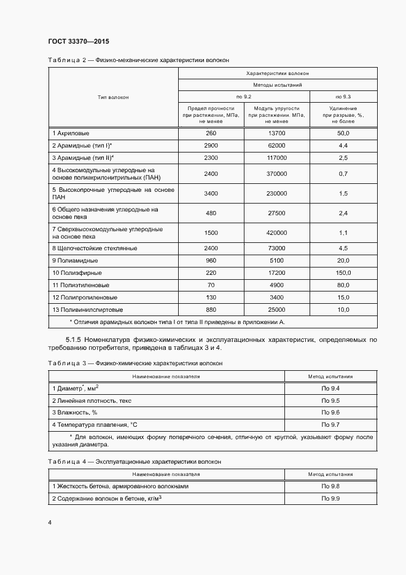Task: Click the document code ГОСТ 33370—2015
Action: pos(78,41)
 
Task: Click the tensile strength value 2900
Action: pos(211,146)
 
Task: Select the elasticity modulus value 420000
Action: pos(276,232)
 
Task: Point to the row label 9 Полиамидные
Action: pos(76,260)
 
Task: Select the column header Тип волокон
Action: pos(113,97)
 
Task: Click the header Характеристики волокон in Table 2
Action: pos(277,73)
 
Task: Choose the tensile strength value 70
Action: pos(211,285)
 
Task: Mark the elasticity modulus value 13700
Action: pos(276,133)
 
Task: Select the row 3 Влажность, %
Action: pos(75,413)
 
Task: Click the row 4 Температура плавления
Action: pos(93,425)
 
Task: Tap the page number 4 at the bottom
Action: pos(50,522)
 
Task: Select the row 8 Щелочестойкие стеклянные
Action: pos(94,248)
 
